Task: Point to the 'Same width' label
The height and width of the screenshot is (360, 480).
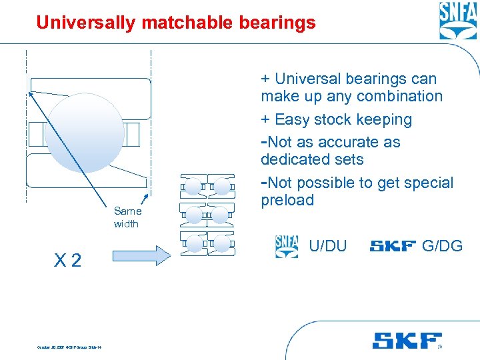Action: pos(127,217)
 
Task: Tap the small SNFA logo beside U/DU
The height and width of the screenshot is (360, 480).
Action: pos(287,246)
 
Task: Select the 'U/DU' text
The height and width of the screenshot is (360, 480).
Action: pos(328,246)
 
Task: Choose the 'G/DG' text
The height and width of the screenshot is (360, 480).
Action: pos(442,246)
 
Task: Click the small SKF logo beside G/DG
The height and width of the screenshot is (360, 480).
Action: pos(393,247)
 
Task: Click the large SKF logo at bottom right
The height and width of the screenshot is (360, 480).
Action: pos(407,341)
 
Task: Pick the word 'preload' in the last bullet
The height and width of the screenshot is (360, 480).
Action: pos(287,200)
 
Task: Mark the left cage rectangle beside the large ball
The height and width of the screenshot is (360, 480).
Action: pos(34,133)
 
